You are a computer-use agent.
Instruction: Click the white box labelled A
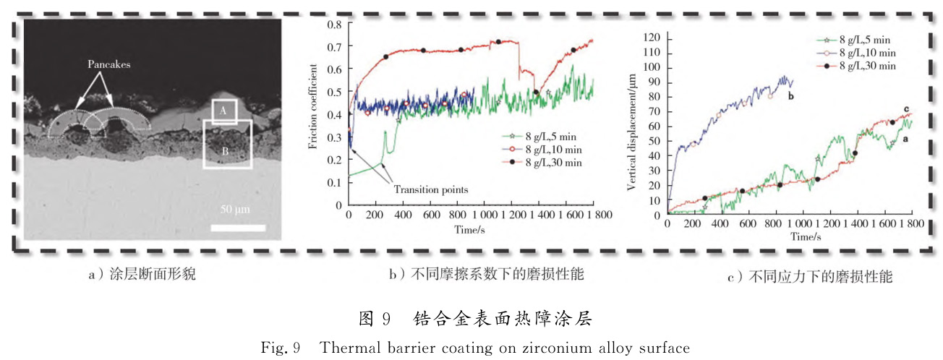[x=224, y=110]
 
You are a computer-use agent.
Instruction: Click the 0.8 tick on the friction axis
[x=333, y=25]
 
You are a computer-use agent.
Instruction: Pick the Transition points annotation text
[x=430, y=189]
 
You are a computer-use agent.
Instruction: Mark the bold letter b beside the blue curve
[x=791, y=95]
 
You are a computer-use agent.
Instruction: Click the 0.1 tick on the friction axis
[x=333, y=182]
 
